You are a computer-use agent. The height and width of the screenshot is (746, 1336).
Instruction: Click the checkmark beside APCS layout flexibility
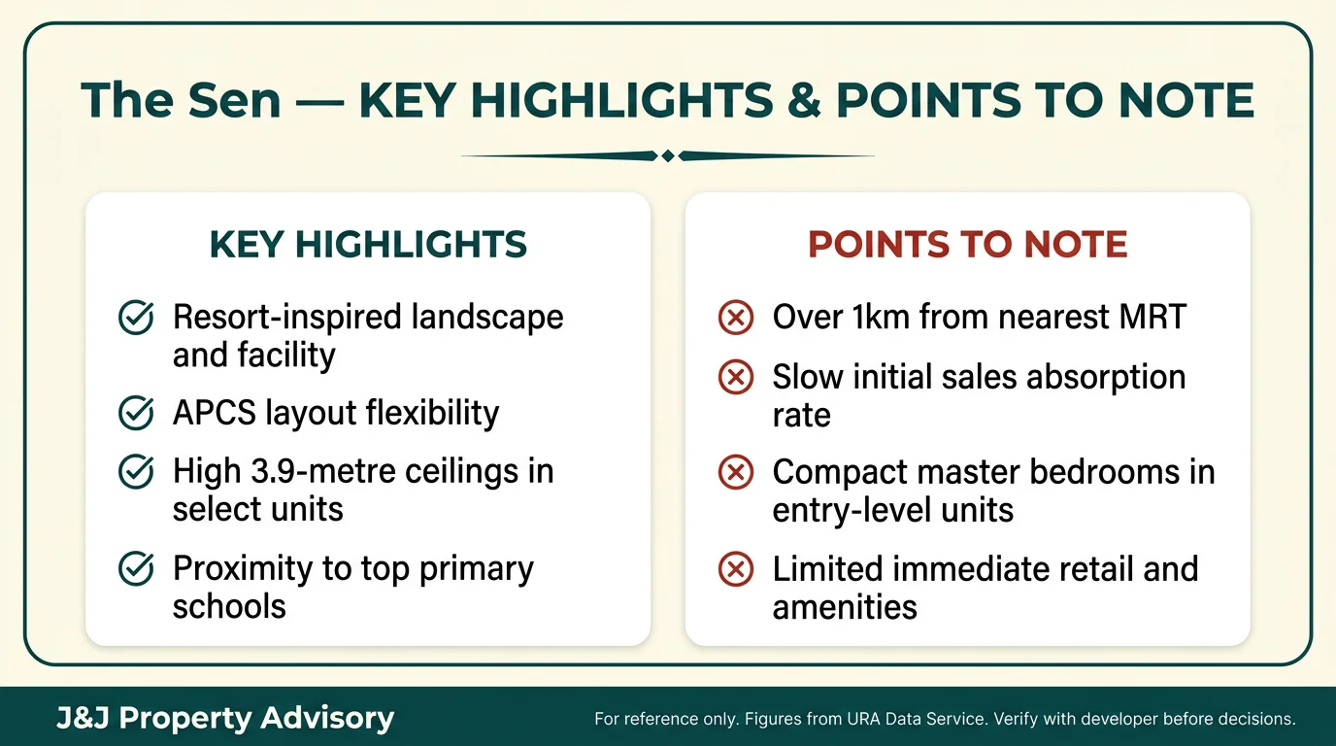(135, 413)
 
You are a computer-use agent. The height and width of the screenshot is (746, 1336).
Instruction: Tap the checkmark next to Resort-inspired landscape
(135, 318)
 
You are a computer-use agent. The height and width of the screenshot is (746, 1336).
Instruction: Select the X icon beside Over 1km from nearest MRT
(736, 318)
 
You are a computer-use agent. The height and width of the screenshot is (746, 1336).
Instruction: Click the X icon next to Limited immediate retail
(736, 569)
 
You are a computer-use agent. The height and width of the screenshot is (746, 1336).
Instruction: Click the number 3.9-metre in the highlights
(316, 471)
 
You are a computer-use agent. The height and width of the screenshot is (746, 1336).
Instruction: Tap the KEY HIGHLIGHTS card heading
(368, 245)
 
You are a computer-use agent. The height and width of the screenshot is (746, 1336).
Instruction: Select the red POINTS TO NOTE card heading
(968, 245)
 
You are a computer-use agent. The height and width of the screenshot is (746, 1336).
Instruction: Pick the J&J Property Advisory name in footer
(224, 719)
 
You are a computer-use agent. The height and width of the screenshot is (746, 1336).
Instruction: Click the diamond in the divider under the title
(667, 155)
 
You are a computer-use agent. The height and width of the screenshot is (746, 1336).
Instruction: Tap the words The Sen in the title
(181, 101)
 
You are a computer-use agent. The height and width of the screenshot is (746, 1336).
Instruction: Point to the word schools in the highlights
(229, 606)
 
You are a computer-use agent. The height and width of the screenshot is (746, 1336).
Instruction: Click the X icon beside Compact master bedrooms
(736, 472)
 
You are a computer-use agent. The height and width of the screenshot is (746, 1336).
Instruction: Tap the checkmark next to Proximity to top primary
(135, 569)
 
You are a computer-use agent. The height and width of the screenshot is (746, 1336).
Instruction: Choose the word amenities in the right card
(845, 607)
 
